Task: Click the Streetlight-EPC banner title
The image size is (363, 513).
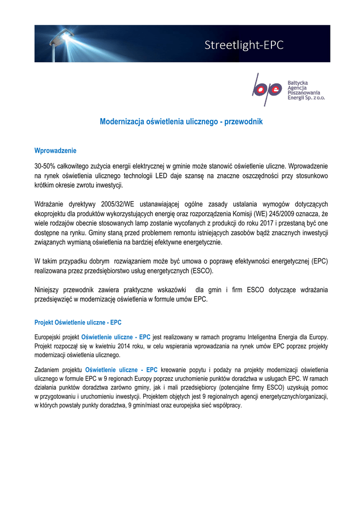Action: [x=244, y=45]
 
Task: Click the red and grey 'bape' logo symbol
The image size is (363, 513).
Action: [x=267, y=90]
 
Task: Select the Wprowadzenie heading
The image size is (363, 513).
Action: [x=55, y=150]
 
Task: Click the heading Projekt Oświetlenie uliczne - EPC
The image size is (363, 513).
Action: [x=78, y=322]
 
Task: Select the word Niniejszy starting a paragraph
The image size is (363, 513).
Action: [x=50, y=290]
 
